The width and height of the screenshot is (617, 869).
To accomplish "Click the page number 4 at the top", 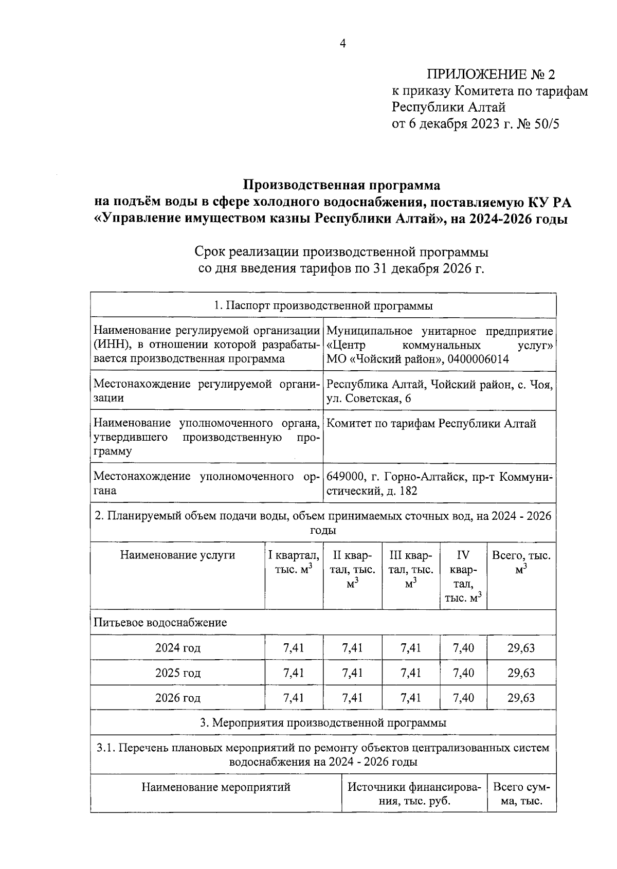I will (343, 44).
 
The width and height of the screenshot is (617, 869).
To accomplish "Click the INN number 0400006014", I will (478, 359).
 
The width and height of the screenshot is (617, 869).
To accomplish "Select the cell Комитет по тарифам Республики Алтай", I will (431, 424).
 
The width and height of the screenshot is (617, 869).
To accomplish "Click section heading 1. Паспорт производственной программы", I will (323, 306).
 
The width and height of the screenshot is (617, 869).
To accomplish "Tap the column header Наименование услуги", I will (177, 555).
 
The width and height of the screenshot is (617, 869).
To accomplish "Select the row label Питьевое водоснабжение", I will (160, 623).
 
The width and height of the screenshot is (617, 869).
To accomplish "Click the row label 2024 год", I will (177, 648).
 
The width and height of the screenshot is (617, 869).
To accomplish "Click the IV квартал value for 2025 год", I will (463, 673).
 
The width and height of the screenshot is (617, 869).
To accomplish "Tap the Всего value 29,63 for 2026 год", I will (521, 698).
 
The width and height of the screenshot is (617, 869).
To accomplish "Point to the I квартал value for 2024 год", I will (294, 648).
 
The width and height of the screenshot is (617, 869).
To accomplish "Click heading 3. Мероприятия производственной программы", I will (323, 723).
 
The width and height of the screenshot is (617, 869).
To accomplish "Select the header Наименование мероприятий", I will (216, 787).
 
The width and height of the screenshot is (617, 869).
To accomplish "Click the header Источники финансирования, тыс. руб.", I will (414, 794).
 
